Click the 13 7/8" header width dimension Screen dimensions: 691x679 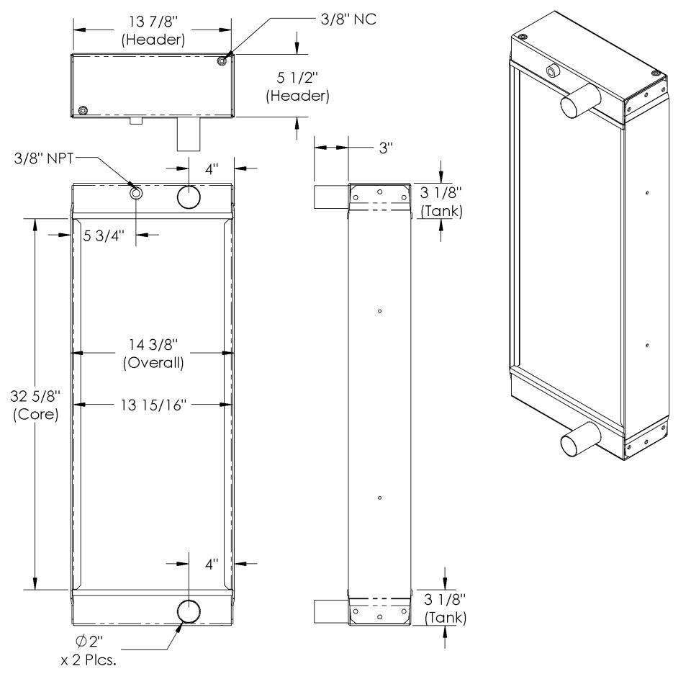(153, 30)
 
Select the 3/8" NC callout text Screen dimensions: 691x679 (348, 19)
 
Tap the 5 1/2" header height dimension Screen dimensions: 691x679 (297, 86)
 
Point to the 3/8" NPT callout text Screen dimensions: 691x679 (44, 158)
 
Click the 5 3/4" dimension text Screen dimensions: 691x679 (104, 236)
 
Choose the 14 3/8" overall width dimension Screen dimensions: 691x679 (153, 353)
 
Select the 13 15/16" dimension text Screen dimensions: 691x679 (153, 405)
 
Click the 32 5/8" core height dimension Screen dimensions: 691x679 (35, 405)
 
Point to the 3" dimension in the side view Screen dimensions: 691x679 (386, 148)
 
